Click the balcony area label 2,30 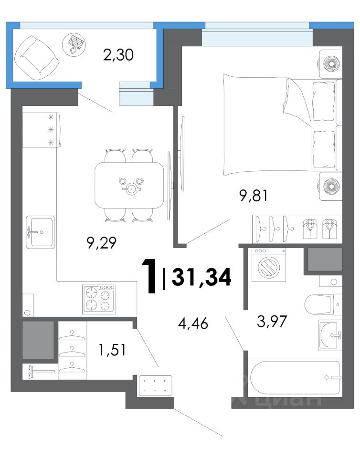coord(118,55)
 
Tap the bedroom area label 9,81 coord(254,196)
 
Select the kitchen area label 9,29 coord(102,243)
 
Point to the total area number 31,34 coord(202,277)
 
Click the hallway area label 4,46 coord(193,323)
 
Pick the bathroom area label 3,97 coord(272,321)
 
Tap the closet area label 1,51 coord(113,350)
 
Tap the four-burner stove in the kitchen coord(99,300)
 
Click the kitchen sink coord(40,232)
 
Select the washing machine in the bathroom coord(268,265)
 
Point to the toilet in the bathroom coord(323,304)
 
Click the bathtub coord(295,378)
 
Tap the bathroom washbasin coord(330,335)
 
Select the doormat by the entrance coord(156,385)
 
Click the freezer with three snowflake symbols coord(42,130)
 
